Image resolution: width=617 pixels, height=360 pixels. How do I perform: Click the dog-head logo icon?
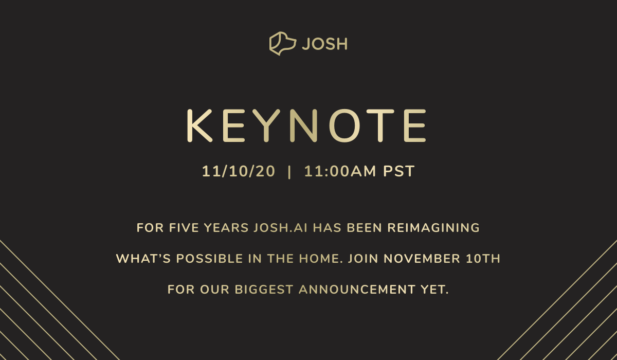pos(282,44)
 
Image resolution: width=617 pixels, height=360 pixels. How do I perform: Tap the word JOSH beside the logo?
pos(324,44)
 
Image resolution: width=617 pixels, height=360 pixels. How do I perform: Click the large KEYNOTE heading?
pos(306,125)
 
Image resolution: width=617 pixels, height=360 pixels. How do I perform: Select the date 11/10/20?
pos(239,172)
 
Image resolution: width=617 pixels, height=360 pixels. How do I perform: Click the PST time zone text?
pos(398,172)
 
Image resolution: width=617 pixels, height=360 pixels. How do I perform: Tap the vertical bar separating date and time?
pos(290,172)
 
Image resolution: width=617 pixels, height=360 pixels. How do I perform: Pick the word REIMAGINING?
pos(433,228)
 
